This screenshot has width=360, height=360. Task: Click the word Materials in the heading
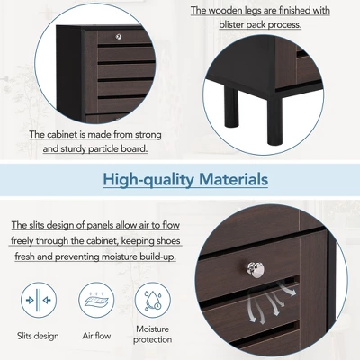tap(233, 179)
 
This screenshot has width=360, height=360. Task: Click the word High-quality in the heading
tap(148, 180)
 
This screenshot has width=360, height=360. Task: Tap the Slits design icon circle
tap(39, 300)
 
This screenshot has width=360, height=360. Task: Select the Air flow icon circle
tap(96, 300)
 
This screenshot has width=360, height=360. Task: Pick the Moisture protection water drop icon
tap(153, 300)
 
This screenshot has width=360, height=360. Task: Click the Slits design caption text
tap(38, 336)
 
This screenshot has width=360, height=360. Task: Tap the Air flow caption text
tap(96, 336)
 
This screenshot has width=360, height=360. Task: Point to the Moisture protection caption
tap(153, 334)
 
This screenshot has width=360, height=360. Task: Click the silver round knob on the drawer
tap(256, 270)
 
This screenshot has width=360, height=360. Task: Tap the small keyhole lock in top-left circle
tap(119, 37)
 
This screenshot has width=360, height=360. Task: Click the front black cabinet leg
tap(274, 121)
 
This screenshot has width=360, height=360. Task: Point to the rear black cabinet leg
tap(231, 106)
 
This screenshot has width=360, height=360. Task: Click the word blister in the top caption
tap(231, 24)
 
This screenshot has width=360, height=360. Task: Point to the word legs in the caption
tap(260, 11)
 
